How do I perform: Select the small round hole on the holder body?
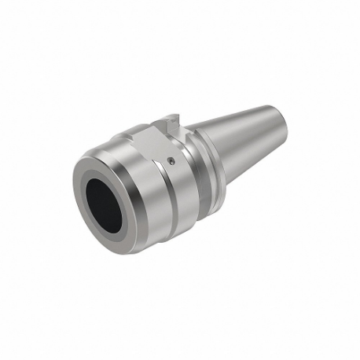click(x=171, y=161)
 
